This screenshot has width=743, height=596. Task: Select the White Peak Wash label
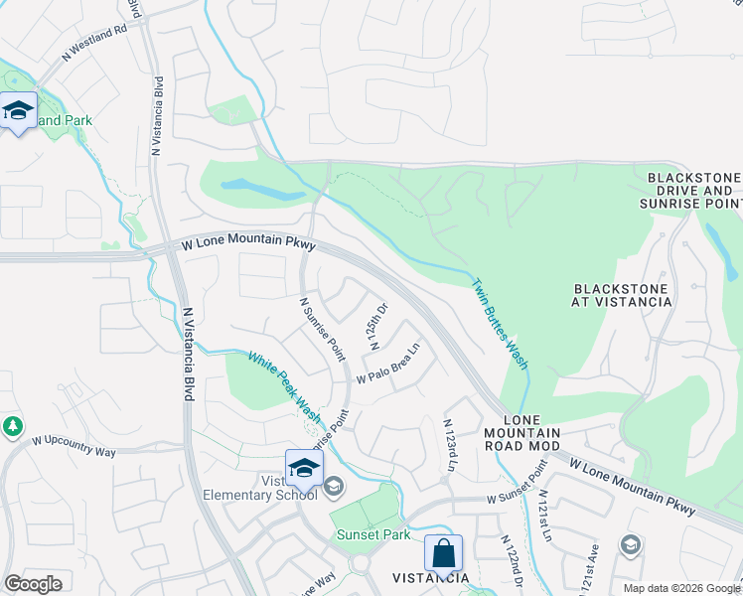click(x=284, y=386)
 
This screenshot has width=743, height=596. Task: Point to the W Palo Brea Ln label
click(x=389, y=365)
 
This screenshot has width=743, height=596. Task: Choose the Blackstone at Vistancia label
click(x=623, y=295)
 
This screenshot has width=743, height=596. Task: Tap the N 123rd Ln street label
click(x=449, y=445)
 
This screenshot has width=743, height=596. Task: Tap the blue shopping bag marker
click(x=443, y=553)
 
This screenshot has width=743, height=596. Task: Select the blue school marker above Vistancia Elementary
click(x=304, y=468)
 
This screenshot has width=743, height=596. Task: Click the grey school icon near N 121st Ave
click(x=630, y=543)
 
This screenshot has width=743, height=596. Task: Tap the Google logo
click(x=33, y=584)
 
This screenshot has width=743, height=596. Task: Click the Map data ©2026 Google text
click(x=681, y=588)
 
